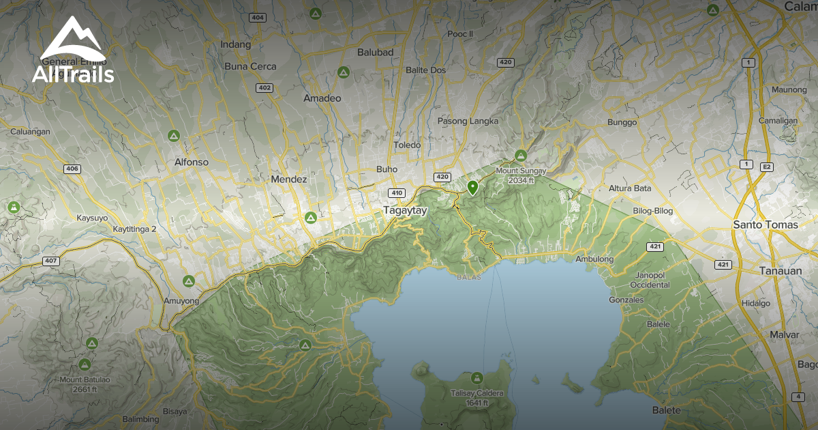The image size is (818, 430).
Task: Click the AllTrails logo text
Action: click(x=73, y=74)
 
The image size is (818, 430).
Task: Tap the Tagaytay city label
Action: click(x=405, y=211)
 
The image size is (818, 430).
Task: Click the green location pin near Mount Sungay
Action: click(x=472, y=187)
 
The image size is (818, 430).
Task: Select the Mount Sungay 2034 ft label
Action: click(x=521, y=175)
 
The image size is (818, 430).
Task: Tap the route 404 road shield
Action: click(x=257, y=17)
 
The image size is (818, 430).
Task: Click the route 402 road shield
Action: click(x=264, y=87)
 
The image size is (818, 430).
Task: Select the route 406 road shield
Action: click(x=72, y=169)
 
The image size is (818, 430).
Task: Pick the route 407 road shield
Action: click(x=50, y=261)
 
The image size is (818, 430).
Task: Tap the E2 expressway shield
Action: click(x=768, y=166)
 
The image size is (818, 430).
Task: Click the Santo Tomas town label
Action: click(x=765, y=225)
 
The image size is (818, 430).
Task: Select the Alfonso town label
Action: click(x=191, y=163)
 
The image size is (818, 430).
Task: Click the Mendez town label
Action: click(x=288, y=180)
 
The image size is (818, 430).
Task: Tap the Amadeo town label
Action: click(x=322, y=98)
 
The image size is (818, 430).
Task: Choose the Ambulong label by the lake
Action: click(x=594, y=259)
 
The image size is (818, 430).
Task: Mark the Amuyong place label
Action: click(x=181, y=301)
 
